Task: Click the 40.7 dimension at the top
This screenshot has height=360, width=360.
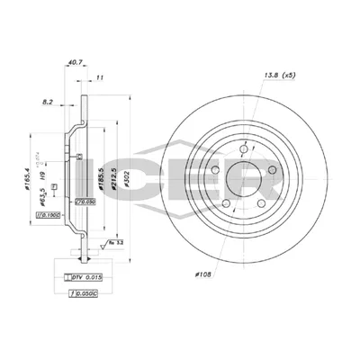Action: [x=74, y=63]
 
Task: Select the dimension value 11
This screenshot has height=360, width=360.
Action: [x=100, y=79]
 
